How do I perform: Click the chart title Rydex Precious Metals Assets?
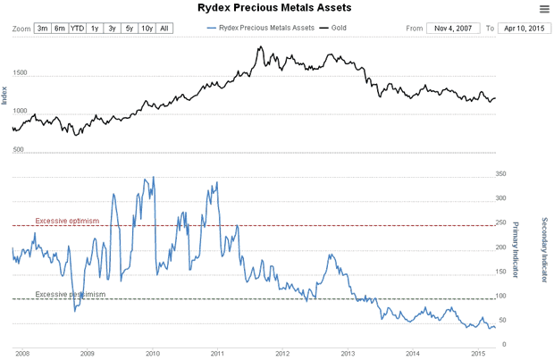point(273,8)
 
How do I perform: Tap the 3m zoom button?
point(43,29)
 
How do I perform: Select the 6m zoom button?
point(60,29)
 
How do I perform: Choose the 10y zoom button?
point(147,29)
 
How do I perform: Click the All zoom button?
point(164,29)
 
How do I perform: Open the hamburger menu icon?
point(544,9)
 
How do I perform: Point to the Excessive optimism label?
point(66,220)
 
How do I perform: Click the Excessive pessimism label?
point(70,294)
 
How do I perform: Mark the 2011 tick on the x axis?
point(217,354)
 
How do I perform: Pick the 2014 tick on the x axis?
point(413,354)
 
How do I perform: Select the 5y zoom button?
point(129,29)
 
